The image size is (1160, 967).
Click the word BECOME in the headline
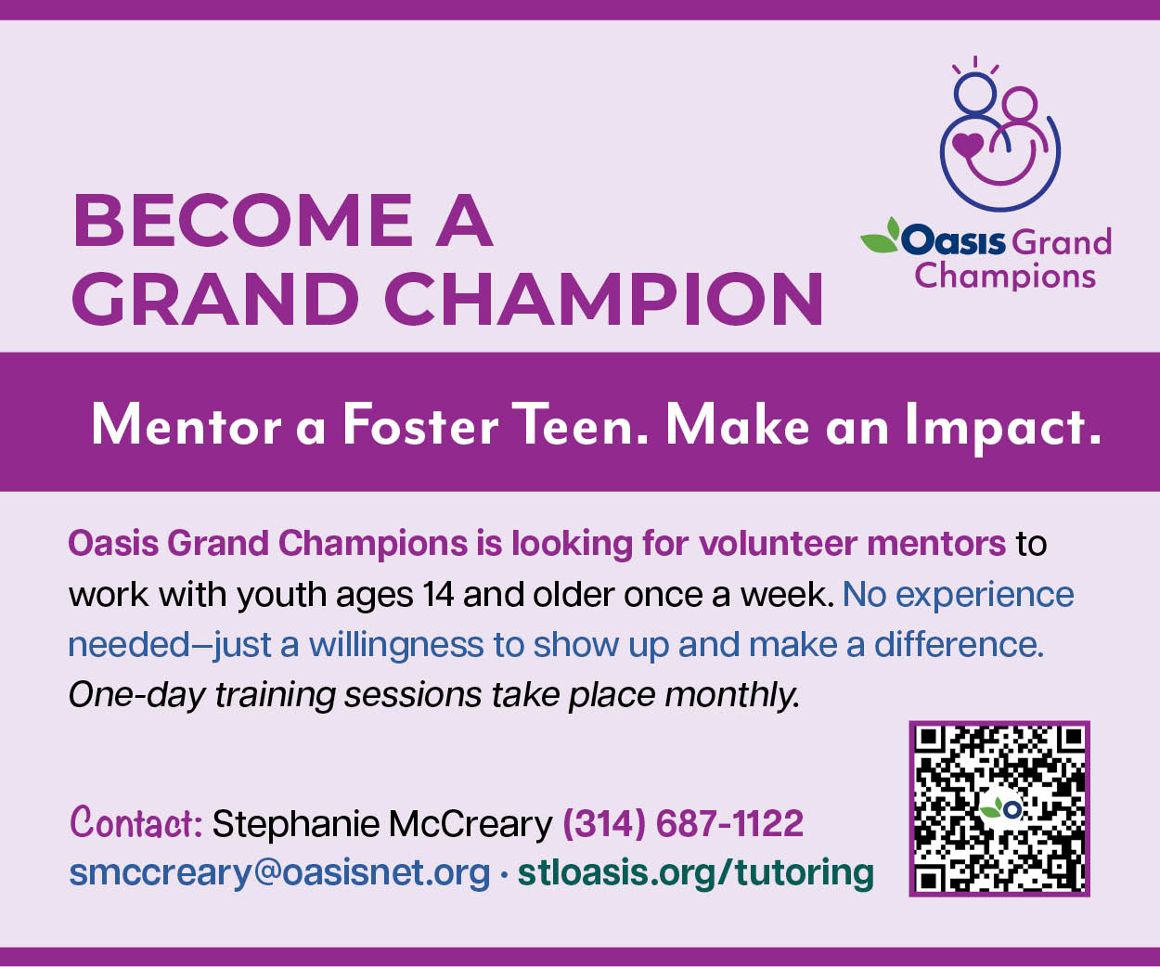(242, 221)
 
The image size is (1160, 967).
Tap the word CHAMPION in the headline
(603, 299)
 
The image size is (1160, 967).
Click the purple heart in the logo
(967, 145)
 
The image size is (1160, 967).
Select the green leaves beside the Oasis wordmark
(880, 237)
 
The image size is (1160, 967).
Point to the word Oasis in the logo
(953, 241)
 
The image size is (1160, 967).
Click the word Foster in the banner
(420, 427)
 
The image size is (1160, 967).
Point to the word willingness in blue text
(395, 645)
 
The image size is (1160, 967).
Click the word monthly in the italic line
(732, 695)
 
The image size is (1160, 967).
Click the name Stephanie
(295, 824)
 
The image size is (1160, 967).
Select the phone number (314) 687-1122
(683, 823)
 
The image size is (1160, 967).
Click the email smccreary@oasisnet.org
(279, 872)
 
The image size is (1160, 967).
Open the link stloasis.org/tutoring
(696, 872)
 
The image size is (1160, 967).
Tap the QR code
(999, 808)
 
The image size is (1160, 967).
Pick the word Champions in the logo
(1005, 277)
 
